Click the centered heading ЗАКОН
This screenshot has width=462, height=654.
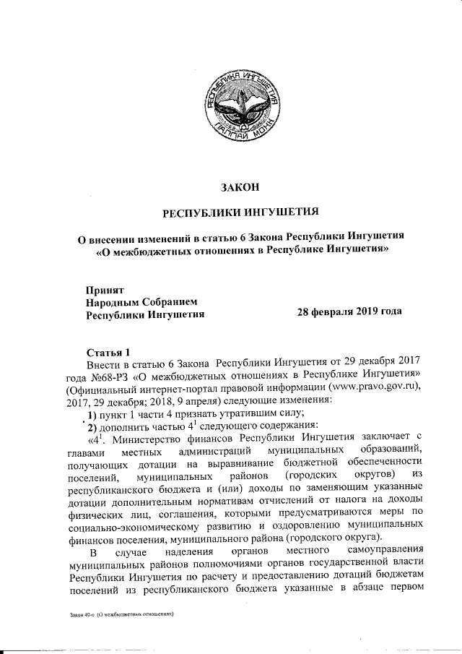(x=239, y=188)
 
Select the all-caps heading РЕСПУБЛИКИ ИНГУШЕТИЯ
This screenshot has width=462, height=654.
(x=239, y=213)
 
